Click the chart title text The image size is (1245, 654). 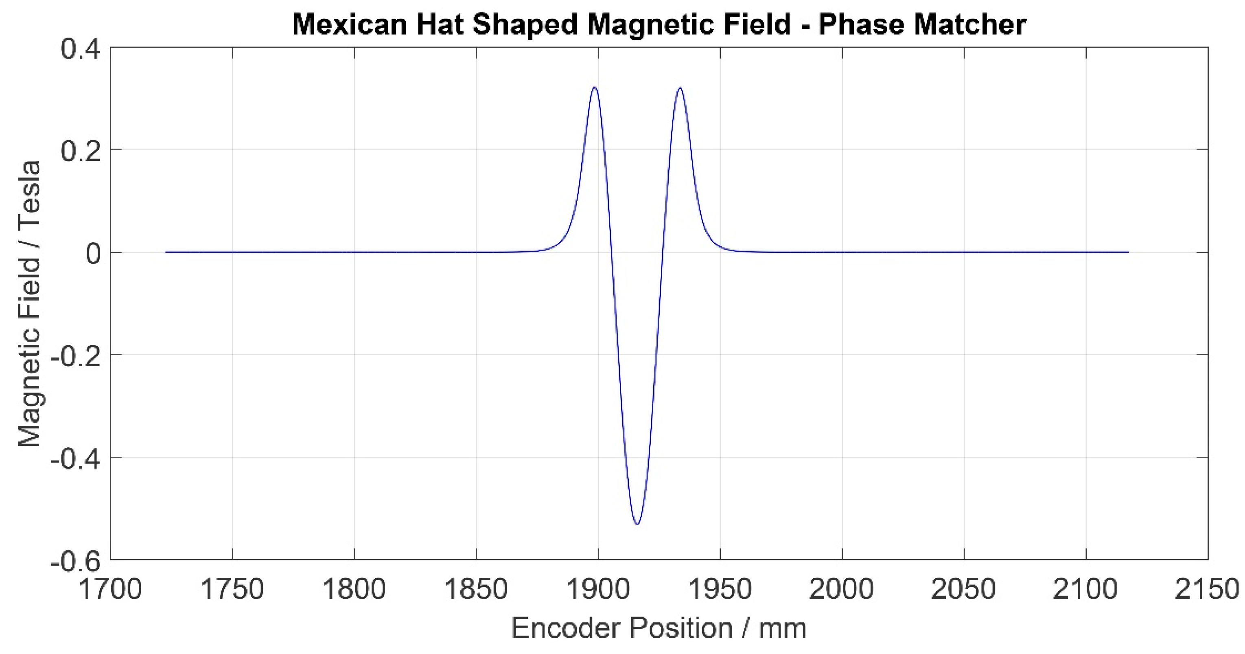(x=659, y=24)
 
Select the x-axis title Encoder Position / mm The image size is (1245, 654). (x=659, y=629)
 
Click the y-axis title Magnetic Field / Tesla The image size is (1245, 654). (x=29, y=304)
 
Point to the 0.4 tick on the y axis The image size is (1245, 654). (x=80, y=49)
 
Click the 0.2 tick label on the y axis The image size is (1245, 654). (x=80, y=150)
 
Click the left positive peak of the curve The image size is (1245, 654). (x=594, y=88)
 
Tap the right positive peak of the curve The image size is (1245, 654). (x=680, y=88)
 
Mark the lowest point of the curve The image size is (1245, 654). (x=637, y=524)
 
